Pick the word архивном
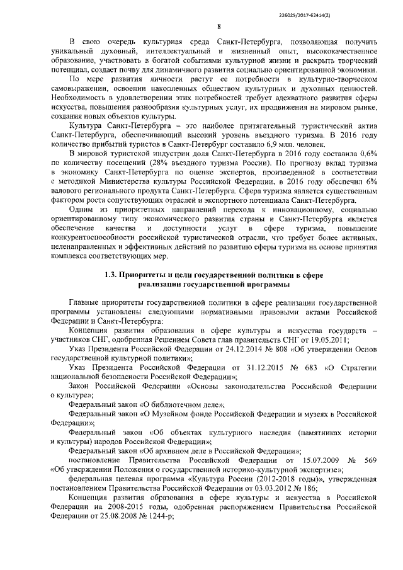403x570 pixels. [171, 450]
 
